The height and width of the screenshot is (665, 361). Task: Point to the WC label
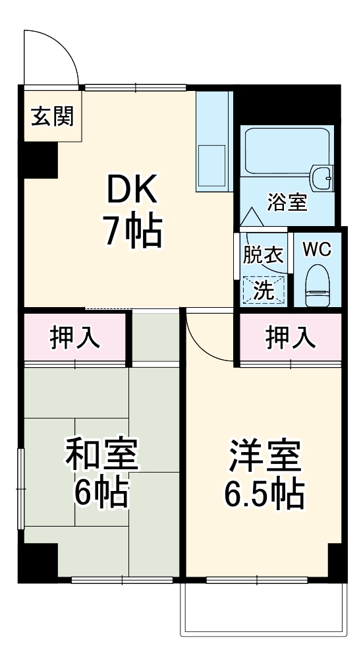pos(317,250)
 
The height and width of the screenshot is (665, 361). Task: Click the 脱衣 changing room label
pos(264,256)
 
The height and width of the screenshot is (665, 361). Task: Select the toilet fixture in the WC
pos(318,286)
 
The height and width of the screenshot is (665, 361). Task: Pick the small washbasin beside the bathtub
pos(322,175)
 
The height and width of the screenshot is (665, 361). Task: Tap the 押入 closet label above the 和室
pos(75,337)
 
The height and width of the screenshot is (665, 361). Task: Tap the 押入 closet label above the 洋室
pos(290,337)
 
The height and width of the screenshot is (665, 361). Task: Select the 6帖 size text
pos(101,492)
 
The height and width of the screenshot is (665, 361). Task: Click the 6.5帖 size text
pos(264,494)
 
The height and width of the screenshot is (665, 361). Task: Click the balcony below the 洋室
pos(263,610)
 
